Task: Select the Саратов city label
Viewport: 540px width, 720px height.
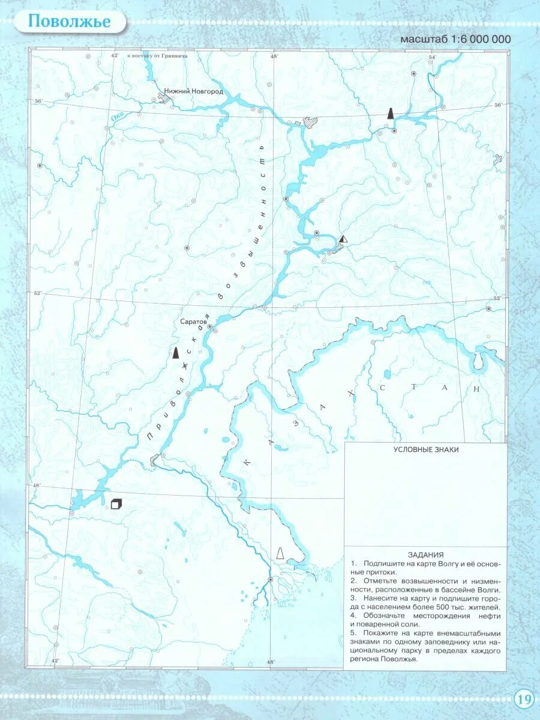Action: pyautogui.click(x=193, y=322)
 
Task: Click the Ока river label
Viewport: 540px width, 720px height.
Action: pyautogui.click(x=117, y=119)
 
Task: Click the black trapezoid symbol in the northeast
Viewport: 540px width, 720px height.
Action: pyautogui.click(x=391, y=113)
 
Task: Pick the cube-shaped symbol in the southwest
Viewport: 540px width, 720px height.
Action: pyautogui.click(x=116, y=504)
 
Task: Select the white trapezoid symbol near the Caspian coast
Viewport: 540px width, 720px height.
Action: pyautogui.click(x=280, y=554)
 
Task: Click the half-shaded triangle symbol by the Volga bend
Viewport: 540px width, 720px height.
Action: pyautogui.click(x=343, y=239)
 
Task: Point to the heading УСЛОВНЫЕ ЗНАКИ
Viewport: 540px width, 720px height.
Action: pyautogui.click(x=426, y=450)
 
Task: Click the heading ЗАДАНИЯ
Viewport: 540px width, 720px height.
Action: pyautogui.click(x=425, y=555)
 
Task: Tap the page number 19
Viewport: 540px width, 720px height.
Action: pyautogui.click(x=523, y=699)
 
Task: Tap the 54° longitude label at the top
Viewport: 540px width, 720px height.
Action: pyautogui.click(x=432, y=56)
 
